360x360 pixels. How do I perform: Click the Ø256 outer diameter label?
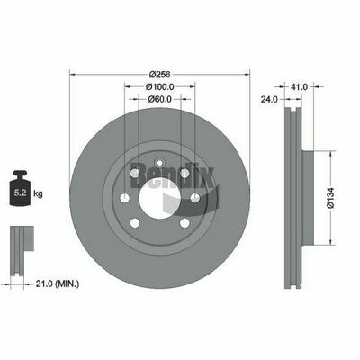click(159, 74)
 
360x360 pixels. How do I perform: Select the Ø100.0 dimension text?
click(160, 86)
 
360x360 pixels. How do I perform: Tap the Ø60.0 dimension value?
click(160, 99)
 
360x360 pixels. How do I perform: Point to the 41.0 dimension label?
click(299, 86)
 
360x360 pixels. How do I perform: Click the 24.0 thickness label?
click(269, 99)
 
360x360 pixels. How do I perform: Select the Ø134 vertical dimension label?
click(330, 198)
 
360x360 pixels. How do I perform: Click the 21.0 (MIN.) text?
click(58, 283)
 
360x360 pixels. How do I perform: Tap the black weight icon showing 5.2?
click(21, 188)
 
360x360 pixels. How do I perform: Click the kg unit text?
click(38, 193)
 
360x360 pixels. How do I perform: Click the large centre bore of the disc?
click(160, 198)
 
